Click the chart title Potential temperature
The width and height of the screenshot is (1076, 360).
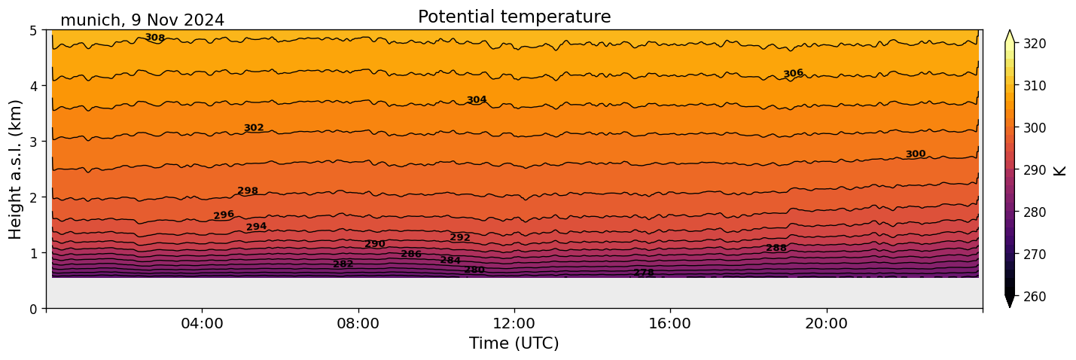point(514,17)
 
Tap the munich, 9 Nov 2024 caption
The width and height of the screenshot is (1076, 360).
point(142,20)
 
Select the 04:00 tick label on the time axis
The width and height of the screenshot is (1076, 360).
point(202,324)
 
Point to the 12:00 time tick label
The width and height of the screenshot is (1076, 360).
point(514,324)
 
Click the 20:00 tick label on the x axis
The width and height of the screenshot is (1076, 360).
point(826,324)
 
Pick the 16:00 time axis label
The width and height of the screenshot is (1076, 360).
point(670,324)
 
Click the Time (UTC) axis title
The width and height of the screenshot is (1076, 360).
point(514,343)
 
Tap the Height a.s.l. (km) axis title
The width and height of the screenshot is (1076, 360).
point(16,169)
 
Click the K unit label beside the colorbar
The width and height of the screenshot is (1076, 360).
point(1060,170)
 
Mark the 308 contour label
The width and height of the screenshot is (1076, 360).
point(154,38)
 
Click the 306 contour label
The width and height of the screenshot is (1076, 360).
point(793,73)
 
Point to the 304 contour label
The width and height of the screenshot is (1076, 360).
point(477,99)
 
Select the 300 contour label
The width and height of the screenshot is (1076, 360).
point(916,154)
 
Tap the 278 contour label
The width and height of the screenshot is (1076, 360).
point(644,273)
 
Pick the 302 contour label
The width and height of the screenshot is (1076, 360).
point(254,128)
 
